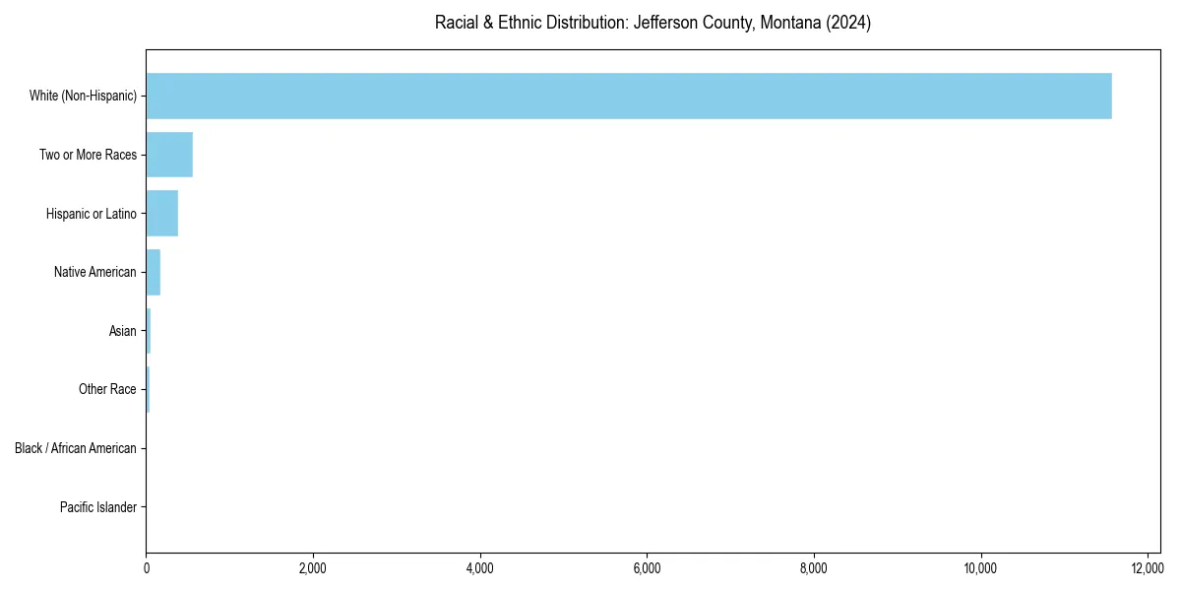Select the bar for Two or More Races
tap(169, 155)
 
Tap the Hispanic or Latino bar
tap(161, 214)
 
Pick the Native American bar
tap(153, 272)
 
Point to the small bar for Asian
tap(149, 331)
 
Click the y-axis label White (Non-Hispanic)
tap(83, 96)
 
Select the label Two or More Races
tap(88, 155)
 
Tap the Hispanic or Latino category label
tap(91, 214)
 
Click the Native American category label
tap(94, 272)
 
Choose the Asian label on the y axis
tap(122, 331)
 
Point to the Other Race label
tap(107, 390)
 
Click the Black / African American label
tap(75, 448)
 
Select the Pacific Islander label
tap(97, 507)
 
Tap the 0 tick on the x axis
tap(146, 568)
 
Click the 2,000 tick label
tap(313, 568)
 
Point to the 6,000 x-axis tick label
tap(647, 568)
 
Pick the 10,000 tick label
tap(980, 568)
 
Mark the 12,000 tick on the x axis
tap(1148, 568)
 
